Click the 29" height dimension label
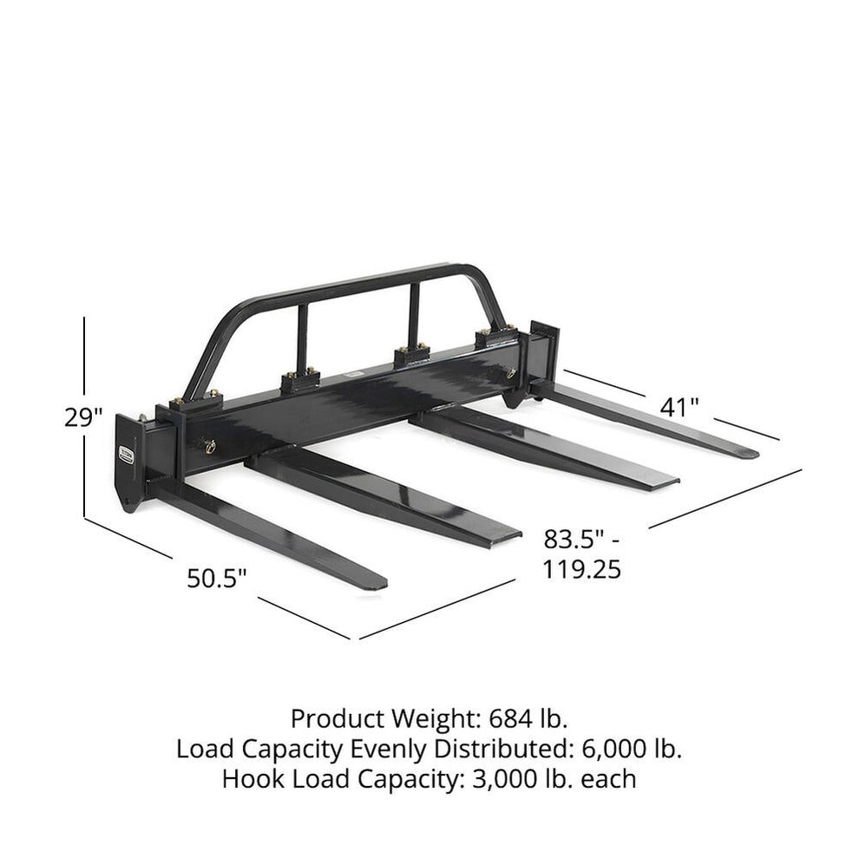coord(83,417)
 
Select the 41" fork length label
coord(679,407)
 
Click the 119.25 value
coord(581,570)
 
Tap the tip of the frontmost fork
coord(378,583)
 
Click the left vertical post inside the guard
coord(302,341)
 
